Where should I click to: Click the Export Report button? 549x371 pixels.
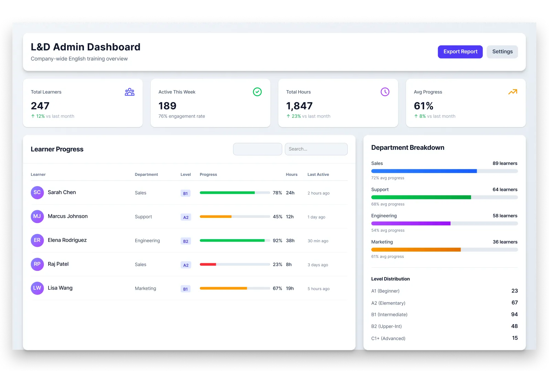point(460,52)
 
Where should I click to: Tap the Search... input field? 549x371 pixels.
point(316,149)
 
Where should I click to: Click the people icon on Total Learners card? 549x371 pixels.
point(129,92)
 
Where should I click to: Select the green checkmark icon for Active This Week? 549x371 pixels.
point(257,92)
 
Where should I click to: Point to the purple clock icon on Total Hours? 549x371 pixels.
point(385,92)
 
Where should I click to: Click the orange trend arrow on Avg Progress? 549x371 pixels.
point(513,92)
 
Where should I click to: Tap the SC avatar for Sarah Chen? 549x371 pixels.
point(37,192)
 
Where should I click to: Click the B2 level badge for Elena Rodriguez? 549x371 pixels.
point(186,241)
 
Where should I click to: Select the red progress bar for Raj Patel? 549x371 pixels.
point(208,264)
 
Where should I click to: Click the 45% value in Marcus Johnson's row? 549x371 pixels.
point(277,216)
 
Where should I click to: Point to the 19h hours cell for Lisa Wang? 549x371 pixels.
point(290,288)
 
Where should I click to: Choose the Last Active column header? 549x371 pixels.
point(318,174)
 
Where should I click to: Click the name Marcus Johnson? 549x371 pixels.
point(68,216)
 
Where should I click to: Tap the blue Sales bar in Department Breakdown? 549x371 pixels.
point(424,171)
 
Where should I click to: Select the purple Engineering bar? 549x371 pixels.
point(411,223)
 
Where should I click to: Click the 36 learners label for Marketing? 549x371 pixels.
point(505,242)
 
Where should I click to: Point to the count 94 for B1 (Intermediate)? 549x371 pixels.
point(514,315)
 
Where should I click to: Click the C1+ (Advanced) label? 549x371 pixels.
point(388,338)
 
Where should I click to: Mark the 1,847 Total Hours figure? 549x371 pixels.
point(299,106)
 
